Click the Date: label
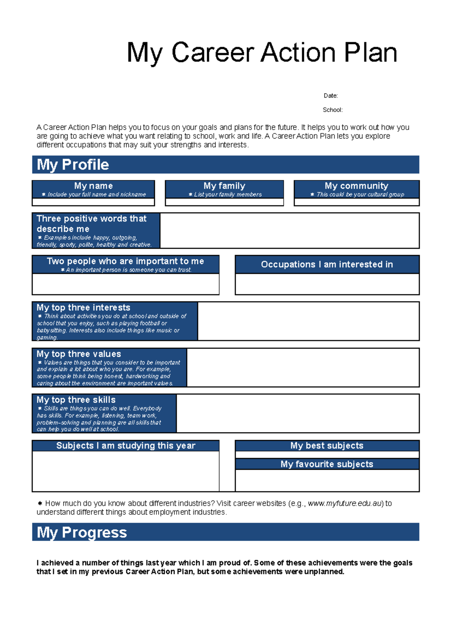(x=330, y=96)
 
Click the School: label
(x=332, y=110)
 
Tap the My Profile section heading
(x=73, y=165)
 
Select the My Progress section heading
(x=82, y=532)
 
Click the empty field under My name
(x=93, y=202)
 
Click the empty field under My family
(x=224, y=202)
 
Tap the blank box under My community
(x=356, y=202)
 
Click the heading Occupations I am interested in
(x=327, y=265)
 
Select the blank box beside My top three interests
(x=308, y=321)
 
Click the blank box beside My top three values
(x=303, y=367)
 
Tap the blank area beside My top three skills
(x=298, y=413)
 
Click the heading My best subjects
(x=327, y=446)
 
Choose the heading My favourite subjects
(x=327, y=464)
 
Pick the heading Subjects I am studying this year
(x=126, y=446)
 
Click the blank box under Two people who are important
(x=126, y=284)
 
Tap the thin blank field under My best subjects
(x=327, y=455)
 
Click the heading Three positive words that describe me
(x=91, y=224)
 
